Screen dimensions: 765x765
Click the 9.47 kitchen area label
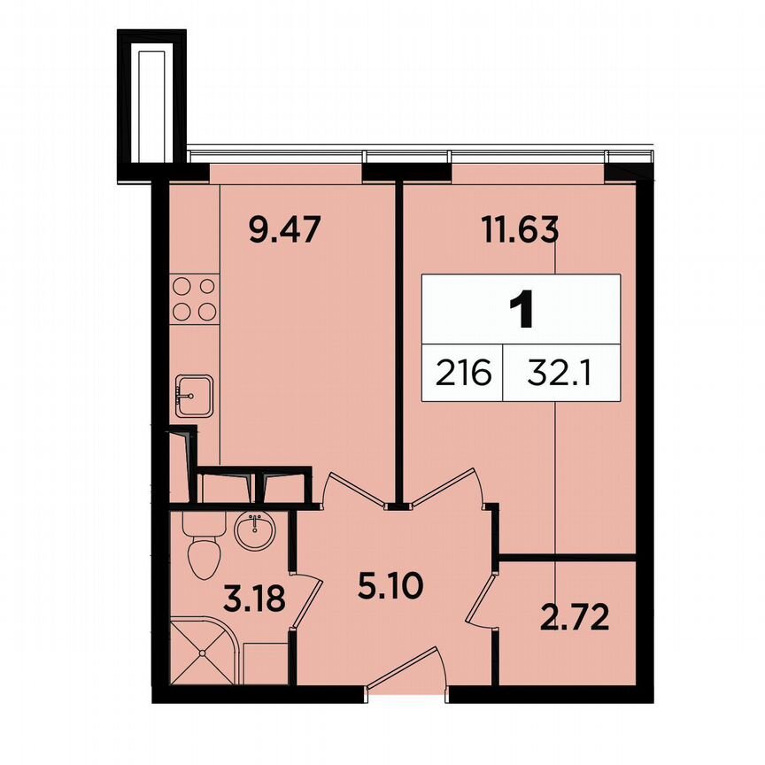click(x=282, y=233)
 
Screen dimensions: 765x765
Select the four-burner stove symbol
click(x=193, y=299)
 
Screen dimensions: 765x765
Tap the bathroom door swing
click(x=305, y=603)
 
